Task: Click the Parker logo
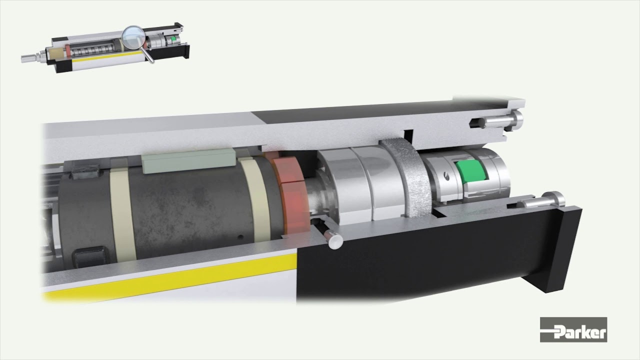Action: (573, 329)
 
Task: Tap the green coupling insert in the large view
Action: (471, 171)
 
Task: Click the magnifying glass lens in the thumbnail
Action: (133, 37)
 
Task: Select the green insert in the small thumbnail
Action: (173, 38)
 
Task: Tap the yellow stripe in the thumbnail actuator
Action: (106, 57)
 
